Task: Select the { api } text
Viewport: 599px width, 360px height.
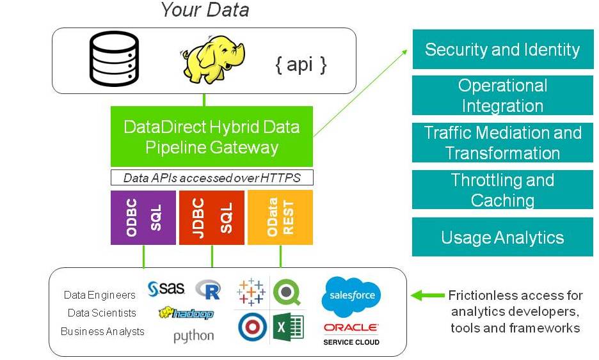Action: tap(301, 65)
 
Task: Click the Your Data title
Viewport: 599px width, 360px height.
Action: tap(205, 10)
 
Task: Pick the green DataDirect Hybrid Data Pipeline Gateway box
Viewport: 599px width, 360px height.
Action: tap(212, 137)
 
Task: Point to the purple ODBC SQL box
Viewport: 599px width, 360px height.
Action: tap(143, 217)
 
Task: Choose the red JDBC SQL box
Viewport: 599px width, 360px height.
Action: tap(212, 217)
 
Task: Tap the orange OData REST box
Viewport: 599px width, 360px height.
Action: tap(280, 217)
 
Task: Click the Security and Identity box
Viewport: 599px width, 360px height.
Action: tap(502, 49)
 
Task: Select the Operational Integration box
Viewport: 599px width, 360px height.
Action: tap(502, 95)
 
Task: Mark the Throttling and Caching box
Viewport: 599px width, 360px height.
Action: tap(502, 190)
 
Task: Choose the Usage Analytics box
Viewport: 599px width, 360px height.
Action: tap(502, 238)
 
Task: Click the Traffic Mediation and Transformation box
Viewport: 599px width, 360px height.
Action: tap(502, 143)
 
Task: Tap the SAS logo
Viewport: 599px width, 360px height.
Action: tap(166, 289)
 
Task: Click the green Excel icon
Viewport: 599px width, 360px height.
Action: tap(288, 327)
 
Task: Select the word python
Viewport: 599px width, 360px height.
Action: tap(194, 336)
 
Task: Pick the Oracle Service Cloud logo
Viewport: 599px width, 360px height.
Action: tap(351, 333)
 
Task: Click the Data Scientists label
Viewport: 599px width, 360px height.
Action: tap(102, 313)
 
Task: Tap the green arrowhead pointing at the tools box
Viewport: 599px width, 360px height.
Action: tap(417, 295)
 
